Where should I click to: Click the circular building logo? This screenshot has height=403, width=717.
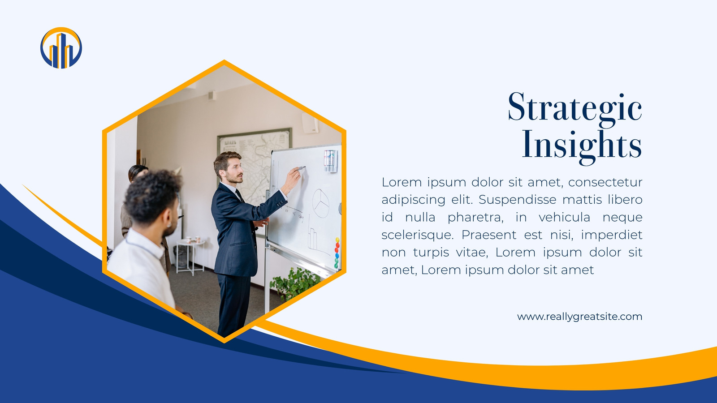(61, 48)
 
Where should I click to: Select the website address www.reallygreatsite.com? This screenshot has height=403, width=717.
(580, 317)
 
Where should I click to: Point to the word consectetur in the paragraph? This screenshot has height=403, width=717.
(605, 182)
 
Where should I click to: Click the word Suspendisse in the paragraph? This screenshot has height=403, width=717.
(518, 200)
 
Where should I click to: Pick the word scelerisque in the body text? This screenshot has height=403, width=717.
(417, 235)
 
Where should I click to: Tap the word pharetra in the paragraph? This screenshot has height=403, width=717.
(475, 218)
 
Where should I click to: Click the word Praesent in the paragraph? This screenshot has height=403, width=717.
(489, 235)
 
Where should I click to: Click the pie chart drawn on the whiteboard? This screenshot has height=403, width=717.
(320, 203)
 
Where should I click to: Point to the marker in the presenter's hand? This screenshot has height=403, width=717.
(301, 168)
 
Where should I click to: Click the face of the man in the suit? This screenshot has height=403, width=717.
(235, 171)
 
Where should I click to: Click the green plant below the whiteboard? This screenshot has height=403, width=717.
(294, 283)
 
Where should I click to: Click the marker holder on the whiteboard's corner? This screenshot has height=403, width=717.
(331, 161)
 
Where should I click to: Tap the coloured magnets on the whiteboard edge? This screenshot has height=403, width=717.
(337, 253)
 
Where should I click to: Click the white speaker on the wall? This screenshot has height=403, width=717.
(310, 123)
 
